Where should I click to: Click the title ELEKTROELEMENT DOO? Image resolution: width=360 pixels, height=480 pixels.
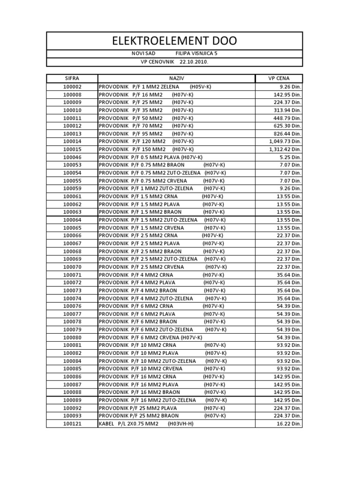click(174, 41)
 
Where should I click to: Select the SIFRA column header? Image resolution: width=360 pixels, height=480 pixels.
click(72, 79)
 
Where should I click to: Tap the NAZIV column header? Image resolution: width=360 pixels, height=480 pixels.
click(176, 79)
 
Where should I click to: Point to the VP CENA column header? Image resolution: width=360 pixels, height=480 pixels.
click(279, 79)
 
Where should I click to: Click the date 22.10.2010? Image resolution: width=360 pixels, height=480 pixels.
click(194, 62)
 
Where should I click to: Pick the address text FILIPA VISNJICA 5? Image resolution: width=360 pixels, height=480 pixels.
click(196, 53)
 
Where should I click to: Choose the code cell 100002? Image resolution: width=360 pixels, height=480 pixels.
click(72, 87)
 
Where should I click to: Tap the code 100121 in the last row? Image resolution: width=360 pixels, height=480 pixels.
click(72, 424)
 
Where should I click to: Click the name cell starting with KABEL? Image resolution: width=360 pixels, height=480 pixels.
click(146, 424)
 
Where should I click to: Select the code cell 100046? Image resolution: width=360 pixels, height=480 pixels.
click(72, 157)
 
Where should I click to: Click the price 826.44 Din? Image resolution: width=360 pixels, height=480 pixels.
click(288, 134)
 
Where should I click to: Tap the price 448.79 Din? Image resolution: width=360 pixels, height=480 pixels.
click(288, 118)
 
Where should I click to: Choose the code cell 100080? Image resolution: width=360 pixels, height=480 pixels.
click(72, 337)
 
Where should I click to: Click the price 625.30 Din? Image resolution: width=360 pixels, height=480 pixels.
click(288, 126)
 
